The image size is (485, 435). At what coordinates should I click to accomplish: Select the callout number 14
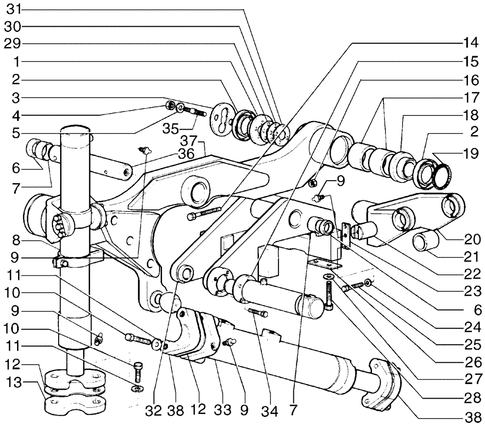pyautogui.click(x=472, y=42)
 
